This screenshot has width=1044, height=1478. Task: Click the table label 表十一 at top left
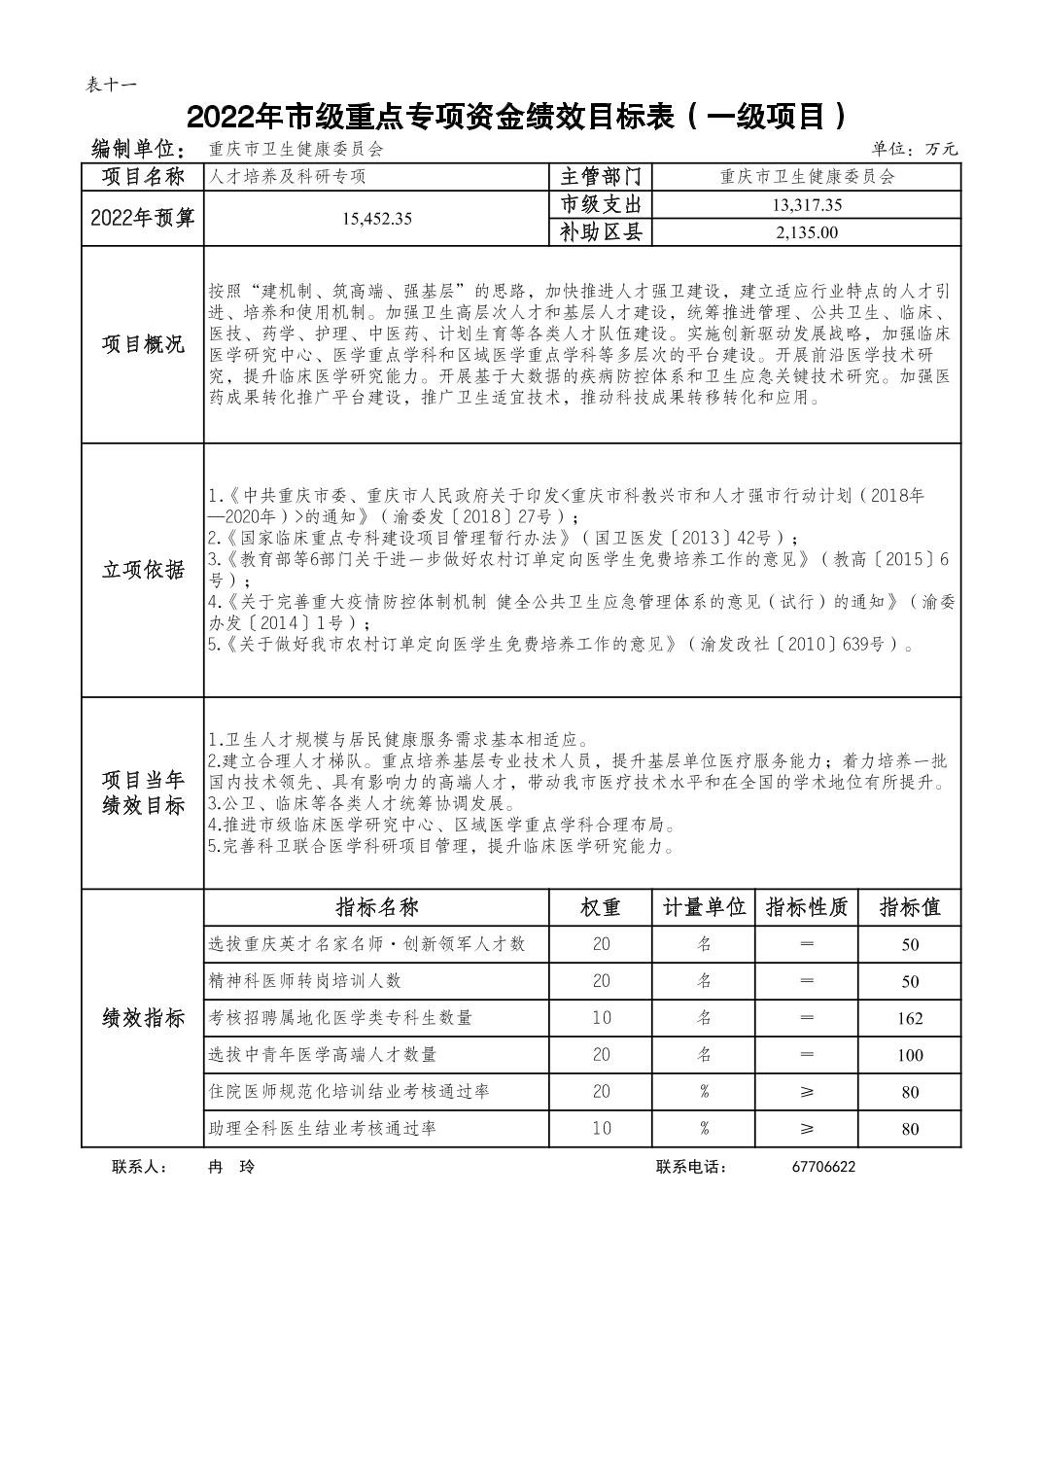[x=112, y=85]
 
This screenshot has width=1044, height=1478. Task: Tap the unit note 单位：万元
[x=914, y=149]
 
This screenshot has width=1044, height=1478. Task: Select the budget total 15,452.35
[x=376, y=219]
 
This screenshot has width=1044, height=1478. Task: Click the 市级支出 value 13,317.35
[x=807, y=204]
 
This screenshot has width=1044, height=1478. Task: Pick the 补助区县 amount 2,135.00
[x=807, y=232]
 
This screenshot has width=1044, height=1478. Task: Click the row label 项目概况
[x=143, y=344]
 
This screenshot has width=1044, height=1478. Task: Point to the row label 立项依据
[x=143, y=570]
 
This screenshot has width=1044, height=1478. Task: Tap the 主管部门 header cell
[x=601, y=176]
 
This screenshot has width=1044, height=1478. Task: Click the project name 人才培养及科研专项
[x=288, y=177]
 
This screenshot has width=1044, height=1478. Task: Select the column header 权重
[x=601, y=907]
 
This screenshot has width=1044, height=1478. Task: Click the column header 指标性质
[x=807, y=907]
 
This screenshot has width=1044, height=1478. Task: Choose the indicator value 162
[x=910, y=1019]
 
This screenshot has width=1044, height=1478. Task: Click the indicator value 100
[x=910, y=1056]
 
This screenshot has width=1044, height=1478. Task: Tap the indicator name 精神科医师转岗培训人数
[x=304, y=981]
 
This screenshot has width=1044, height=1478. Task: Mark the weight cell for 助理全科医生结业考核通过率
[x=601, y=1129]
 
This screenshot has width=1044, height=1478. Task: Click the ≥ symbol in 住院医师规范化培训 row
[x=807, y=1092]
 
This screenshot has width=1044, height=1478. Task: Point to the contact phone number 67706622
[x=823, y=1167]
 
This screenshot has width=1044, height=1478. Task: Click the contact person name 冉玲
[x=231, y=1167]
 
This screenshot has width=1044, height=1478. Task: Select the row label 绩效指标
[x=143, y=1018]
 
